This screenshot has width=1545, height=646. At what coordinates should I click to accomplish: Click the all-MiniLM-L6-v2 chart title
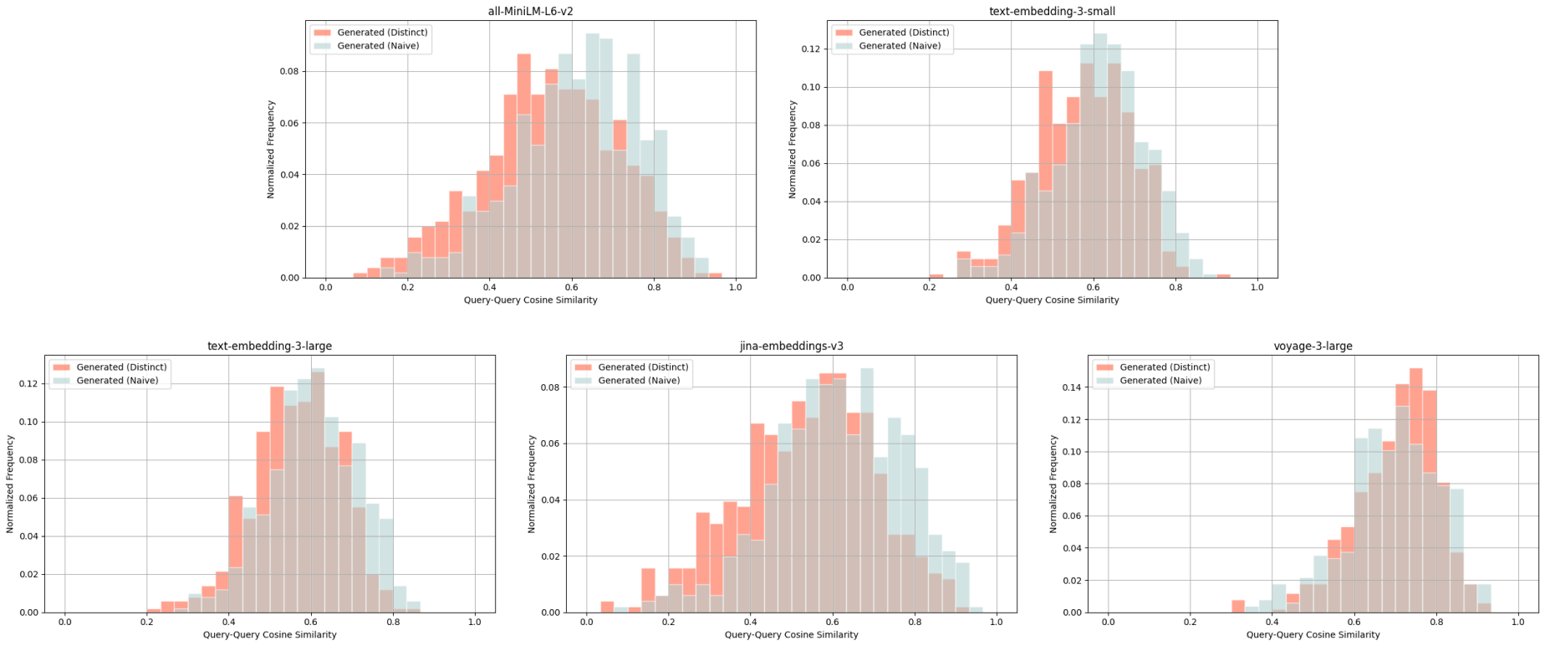[530, 12]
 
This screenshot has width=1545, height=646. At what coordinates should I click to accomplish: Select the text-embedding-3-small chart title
[1052, 12]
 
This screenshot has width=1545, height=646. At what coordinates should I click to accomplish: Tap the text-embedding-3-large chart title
[269, 346]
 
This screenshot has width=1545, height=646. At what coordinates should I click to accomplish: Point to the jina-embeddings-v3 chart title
[791, 346]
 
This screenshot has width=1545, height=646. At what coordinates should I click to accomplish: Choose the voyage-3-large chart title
[1313, 346]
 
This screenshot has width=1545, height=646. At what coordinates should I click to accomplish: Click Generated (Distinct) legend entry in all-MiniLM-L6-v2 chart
[382, 33]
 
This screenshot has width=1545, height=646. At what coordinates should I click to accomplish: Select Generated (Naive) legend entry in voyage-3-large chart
[1160, 381]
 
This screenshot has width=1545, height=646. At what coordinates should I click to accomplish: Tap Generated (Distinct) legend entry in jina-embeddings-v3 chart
[643, 367]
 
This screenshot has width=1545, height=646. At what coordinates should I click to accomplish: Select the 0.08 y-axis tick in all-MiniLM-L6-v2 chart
[292, 72]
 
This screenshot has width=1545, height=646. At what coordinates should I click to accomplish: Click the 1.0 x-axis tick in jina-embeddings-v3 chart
[997, 623]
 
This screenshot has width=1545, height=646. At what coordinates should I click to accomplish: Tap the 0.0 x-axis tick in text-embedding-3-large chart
[65, 623]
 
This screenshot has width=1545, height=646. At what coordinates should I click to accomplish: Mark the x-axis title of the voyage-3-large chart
[1313, 635]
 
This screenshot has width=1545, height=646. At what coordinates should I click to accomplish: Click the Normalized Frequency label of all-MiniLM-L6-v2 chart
[271, 149]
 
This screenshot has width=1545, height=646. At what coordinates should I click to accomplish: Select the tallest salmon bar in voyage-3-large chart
[1415, 490]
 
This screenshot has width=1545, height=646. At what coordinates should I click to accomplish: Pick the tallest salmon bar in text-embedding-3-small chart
[1046, 174]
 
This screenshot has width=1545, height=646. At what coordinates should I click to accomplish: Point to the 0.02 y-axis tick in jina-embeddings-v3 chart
[553, 556]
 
